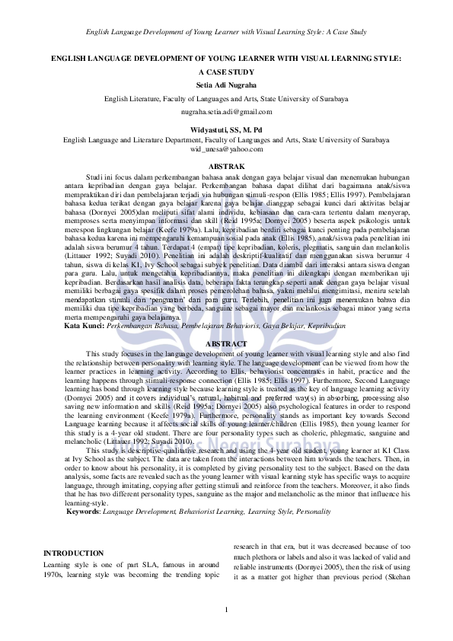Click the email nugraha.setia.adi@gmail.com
pyautogui.click(x=226, y=111)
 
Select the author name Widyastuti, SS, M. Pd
pyautogui.click(x=226, y=130)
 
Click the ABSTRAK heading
pyautogui.click(x=226, y=166)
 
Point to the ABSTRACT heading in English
pyautogui.click(x=226, y=345)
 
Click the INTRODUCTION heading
pyautogui.click(x=74, y=553)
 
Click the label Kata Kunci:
pyautogui.click(x=85, y=325)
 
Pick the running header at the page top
pyautogui.click(x=226, y=32)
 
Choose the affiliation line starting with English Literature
pyautogui.click(x=226, y=99)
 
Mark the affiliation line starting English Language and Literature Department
pyautogui.click(x=226, y=140)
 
